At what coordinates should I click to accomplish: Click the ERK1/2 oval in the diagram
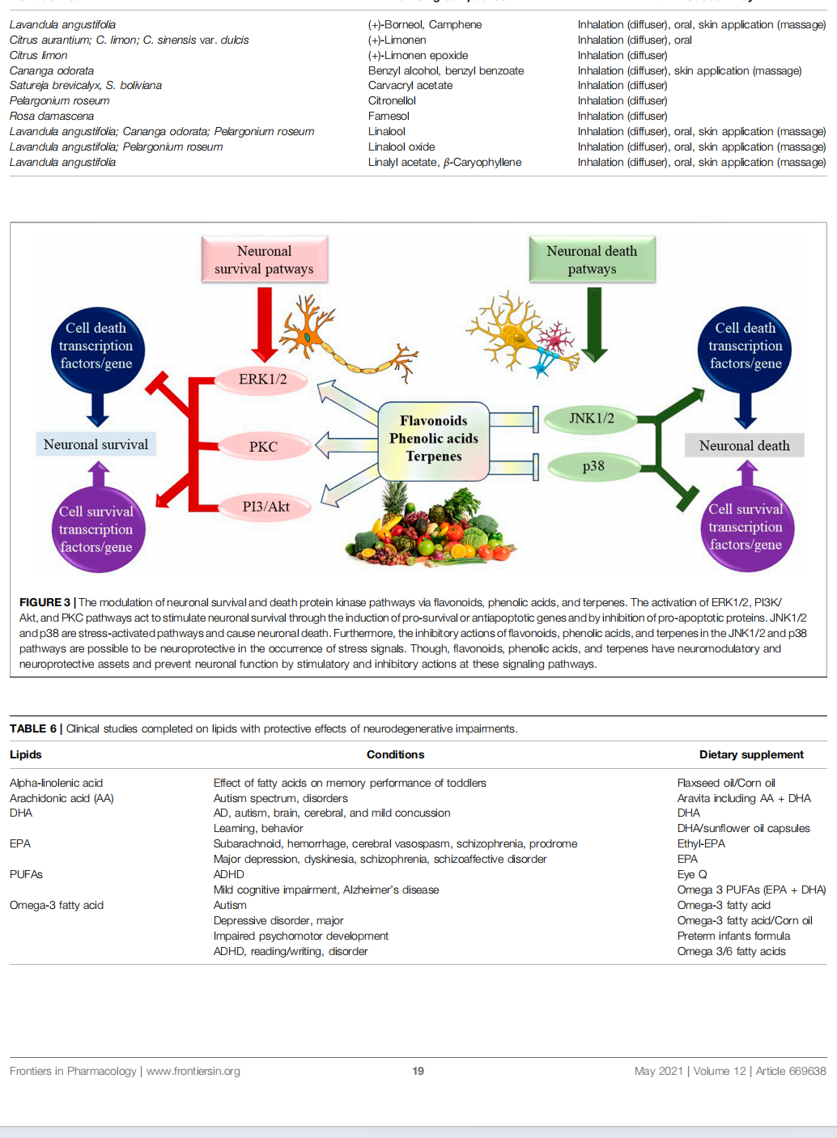pos(262,380)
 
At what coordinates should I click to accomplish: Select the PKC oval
pos(263,447)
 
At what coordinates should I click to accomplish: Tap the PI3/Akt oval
pos(266,507)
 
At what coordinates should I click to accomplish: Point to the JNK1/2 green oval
pos(591,418)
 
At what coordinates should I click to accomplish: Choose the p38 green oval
pos(593,466)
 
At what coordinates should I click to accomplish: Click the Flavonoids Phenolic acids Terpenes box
pos(433,439)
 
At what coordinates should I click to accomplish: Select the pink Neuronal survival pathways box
pos(264,260)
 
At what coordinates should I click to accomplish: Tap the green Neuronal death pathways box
pos(592,260)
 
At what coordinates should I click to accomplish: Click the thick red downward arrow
pos(264,324)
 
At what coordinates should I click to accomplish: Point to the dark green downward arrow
pos(594,324)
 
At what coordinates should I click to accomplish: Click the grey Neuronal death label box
pos(744,446)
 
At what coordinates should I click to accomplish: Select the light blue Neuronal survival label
pos(96,444)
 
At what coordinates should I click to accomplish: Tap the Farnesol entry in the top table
pos(389,116)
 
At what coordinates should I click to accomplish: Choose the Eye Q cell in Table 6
pos(692,874)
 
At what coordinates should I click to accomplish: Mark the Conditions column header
pos(395,754)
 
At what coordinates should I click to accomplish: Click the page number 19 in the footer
pos(418,1071)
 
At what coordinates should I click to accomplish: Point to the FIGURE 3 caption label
pos(45,602)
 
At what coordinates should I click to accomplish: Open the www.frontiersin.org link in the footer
pos(193,1071)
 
